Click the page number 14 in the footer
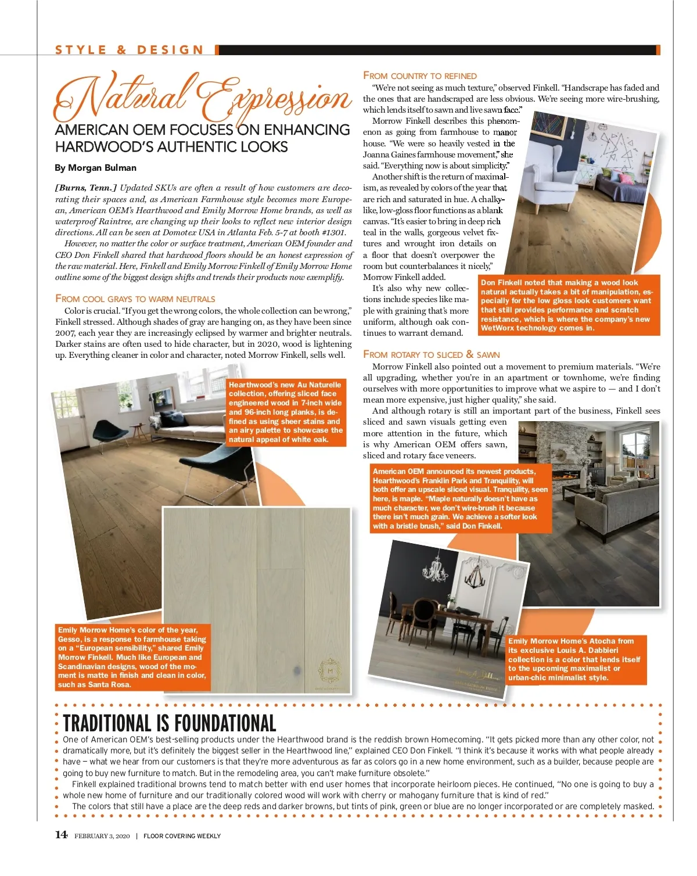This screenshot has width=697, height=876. tap(61, 835)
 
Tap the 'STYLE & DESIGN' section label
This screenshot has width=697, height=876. tap(130, 50)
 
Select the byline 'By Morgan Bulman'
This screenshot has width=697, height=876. tap(95, 168)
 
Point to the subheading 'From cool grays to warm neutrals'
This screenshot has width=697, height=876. tap(135, 299)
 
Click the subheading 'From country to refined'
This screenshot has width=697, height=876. tap(420, 76)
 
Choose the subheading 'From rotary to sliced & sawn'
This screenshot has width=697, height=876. tap(431, 354)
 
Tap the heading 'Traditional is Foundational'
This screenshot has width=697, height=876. tap(169, 723)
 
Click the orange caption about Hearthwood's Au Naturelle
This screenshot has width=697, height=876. tap(285, 412)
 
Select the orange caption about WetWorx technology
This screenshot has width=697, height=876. tap(569, 305)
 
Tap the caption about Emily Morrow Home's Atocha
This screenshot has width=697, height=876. tap(576, 659)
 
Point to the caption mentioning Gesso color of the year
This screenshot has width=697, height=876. tap(132, 657)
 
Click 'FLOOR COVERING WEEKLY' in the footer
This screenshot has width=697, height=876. tap(182, 836)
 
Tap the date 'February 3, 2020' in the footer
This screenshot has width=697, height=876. tap(102, 836)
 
